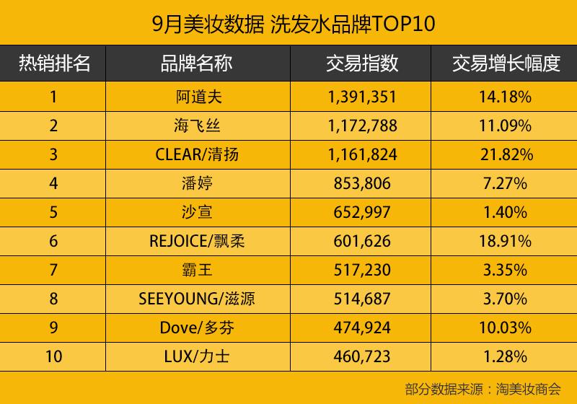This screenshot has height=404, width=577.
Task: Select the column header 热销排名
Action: (x=54, y=63)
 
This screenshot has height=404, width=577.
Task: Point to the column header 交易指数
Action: (x=362, y=63)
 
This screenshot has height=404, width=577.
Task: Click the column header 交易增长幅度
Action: (x=506, y=63)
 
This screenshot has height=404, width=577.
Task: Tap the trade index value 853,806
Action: (x=362, y=183)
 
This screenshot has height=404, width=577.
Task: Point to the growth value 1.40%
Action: (x=506, y=212)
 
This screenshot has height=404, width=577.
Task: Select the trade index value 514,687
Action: (x=362, y=299)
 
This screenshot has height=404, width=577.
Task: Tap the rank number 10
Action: (x=54, y=356)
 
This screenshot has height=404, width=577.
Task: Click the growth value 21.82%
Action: (x=506, y=154)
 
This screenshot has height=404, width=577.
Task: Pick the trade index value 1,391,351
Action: (x=362, y=97)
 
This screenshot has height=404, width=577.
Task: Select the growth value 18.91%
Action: (x=506, y=241)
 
